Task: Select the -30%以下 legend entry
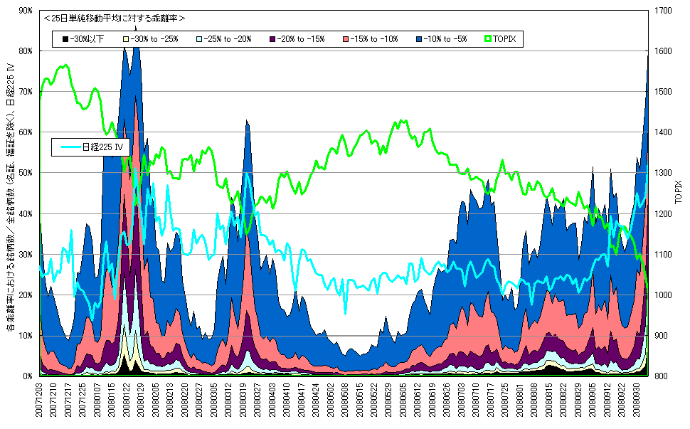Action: [x=83, y=39]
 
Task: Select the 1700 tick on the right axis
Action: [x=663, y=11]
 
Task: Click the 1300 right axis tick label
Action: [x=663, y=173]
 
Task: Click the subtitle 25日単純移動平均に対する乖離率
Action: [x=114, y=18]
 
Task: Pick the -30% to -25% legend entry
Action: [x=152, y=39]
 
